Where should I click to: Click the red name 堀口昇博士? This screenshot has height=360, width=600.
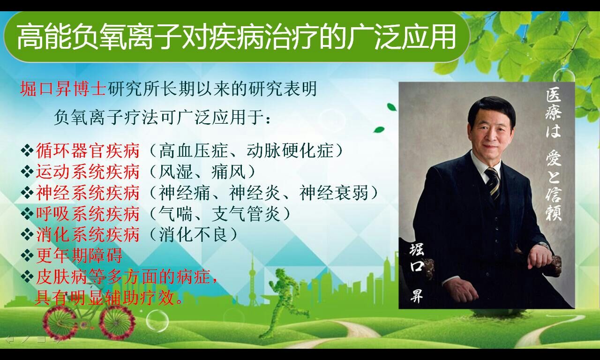[x=63, y=89]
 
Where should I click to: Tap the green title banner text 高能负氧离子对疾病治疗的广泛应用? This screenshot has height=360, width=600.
[x=236, y=37]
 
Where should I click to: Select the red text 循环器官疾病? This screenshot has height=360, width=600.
[x=88, y=150]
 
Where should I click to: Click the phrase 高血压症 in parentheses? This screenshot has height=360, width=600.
[x=194, y=150]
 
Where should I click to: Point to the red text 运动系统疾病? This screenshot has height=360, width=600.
[x=88, y=172]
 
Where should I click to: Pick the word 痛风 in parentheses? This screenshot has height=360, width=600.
[x=228, y=172]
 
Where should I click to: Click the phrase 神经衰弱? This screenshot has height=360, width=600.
[x=334, y=193]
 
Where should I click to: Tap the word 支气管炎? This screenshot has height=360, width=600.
[x=246, y=214]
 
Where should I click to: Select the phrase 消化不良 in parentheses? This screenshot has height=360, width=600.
[x=194, y=235]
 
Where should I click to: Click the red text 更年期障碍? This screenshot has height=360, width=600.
[x=79, y=255]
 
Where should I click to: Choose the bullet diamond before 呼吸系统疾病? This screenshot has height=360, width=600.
[x=27, y=214]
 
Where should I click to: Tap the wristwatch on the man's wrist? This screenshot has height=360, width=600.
[x=543, y=245]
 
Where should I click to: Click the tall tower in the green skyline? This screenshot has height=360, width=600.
[x=252, y=278]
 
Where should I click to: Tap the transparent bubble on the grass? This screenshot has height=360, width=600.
[x=157, y=321]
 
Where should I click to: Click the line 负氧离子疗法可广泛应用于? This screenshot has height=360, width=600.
[x=162, y=117]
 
